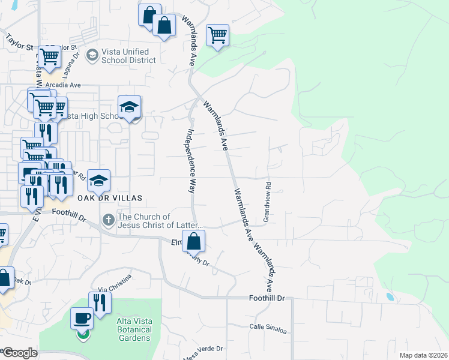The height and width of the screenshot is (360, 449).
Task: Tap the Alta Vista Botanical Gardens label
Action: click(x=133, y=330)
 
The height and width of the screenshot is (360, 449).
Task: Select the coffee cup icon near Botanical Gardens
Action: click(x=82, y=318)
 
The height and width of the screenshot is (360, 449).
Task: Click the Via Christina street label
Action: click(x=115, y=276)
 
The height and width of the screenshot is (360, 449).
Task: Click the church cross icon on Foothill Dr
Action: click(x=108, y=220)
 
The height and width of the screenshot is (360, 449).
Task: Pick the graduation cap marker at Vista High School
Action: click(x=129, y=107)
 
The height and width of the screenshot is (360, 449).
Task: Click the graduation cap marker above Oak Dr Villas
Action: click(x=99, y=180)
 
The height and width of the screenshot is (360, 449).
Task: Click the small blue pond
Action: click(x=390, y=296)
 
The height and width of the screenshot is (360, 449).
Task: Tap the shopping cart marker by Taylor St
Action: click(x=50, y=57)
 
